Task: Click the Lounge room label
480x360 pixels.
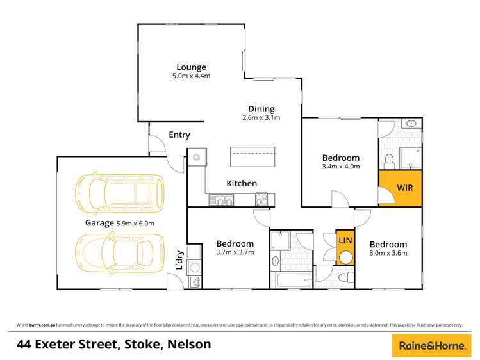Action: click(x=192, y=67)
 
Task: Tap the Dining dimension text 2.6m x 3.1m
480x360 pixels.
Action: click(x=261, y=118)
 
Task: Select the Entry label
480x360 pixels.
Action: click(x=179, y=135)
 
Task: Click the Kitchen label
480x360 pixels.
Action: click(x=242, y=183)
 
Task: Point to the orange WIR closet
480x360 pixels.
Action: click(x=401, y=188)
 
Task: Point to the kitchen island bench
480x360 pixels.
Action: click(x=252, y=156)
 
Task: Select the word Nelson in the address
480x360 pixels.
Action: click(x=189, y=345)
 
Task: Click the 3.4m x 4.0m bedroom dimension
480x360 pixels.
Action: click(x=341, y=167)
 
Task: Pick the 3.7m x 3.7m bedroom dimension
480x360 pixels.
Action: click(x=235, y=252)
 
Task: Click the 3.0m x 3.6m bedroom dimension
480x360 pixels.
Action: click(x=388, y=253)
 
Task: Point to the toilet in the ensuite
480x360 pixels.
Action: click(x=389, y=160)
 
